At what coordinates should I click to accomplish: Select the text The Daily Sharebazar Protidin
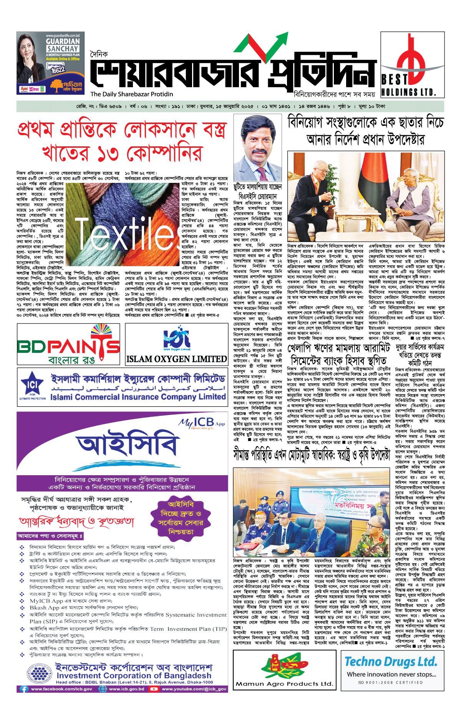point(131,94)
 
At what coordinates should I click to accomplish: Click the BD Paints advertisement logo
point(68,344)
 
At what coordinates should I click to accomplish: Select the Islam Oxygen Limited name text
point(177,359)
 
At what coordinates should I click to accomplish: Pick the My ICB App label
point(201,423)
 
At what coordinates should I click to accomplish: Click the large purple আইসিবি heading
point(127,446)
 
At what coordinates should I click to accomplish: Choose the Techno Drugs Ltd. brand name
point(391,662)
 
